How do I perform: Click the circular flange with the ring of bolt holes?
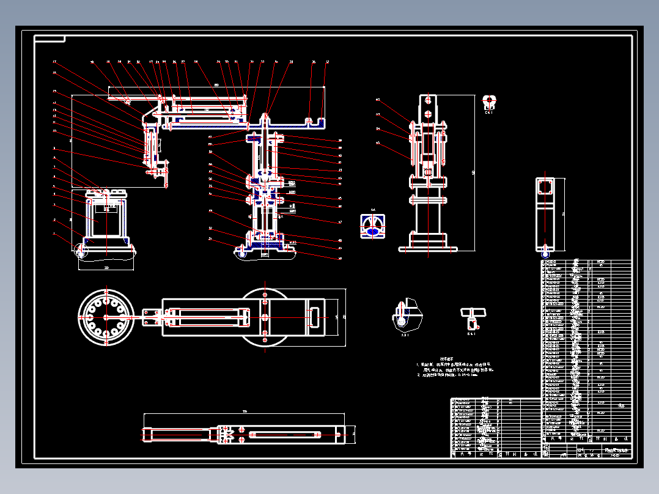pyautogui.click(x=106, y=317)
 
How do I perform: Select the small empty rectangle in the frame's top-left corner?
pyautogui.click(x=50, y=39)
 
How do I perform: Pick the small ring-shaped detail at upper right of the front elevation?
pyautogui.click(x=489, y=101)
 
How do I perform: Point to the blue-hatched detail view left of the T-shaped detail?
pyautogui.click(x=406, y=315)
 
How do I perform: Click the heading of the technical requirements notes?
pyautogui.click(x=447, y=359)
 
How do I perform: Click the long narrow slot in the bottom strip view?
pyautogui.click(x=285, y=435)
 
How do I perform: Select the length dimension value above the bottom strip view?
pyautogui.click(x=245, y=411)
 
